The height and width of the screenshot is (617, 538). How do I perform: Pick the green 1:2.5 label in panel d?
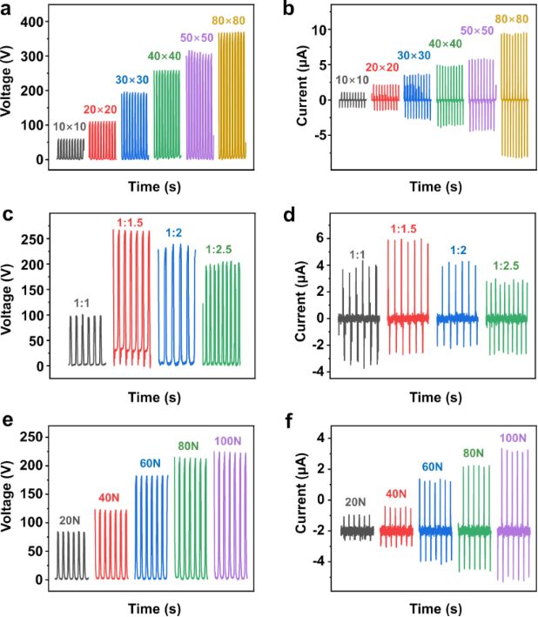click(506, 265)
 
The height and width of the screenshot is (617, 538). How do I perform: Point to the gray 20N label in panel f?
click(355, 502)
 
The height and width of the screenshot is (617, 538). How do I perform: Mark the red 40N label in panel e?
click(111, 498)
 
